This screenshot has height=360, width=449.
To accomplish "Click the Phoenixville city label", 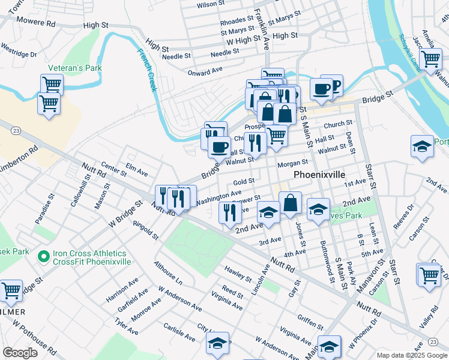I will [320, 175].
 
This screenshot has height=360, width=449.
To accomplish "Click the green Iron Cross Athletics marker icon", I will [43, 257].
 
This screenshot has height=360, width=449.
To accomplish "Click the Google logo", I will [20, 353].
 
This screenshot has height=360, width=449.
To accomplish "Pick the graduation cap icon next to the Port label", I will [422, 146].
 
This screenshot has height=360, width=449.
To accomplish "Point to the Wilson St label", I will [211, 4].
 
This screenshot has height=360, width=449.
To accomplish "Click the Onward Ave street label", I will [205, 71].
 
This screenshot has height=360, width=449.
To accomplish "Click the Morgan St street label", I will [292, 163].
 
